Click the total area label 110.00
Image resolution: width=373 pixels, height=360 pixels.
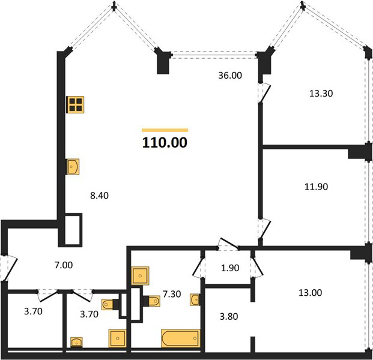[165, 143]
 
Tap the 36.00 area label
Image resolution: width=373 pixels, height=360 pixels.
[230, 76]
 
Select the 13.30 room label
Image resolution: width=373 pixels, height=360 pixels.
[321, 94]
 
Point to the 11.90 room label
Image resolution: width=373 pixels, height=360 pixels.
[316, 187]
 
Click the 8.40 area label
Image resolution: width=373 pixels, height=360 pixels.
[100, 196]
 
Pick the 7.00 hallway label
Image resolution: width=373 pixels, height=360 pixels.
[64, 265]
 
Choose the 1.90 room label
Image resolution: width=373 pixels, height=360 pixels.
[230, 268]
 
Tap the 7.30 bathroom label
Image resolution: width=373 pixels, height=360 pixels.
[172, 294]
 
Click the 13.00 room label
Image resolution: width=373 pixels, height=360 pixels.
[310, 293]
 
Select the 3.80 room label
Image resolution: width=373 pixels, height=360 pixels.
[229, 316]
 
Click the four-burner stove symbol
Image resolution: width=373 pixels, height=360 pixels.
[76, 104]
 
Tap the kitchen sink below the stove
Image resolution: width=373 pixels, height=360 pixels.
[73, 167]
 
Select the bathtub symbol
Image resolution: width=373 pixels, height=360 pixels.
[181, 338]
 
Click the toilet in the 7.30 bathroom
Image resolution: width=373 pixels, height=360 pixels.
[152, 301]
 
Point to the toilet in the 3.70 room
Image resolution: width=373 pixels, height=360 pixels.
[111, 304]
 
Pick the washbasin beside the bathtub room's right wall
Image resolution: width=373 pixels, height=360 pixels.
[195, 299]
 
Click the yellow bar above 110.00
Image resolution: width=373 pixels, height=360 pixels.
[165, 130]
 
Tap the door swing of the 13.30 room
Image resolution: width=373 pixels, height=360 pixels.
[265, 92]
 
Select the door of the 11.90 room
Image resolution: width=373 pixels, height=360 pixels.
[264, 229]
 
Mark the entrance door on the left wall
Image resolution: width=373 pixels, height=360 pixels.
[9, 268]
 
